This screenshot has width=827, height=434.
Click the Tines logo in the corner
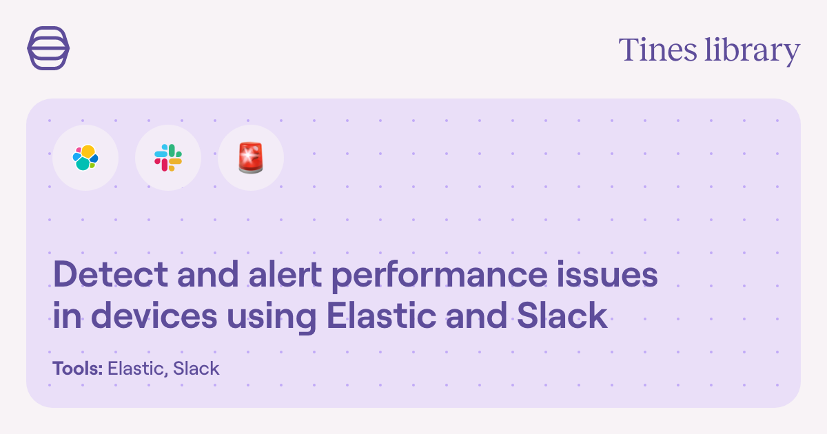click(x=48, y=48)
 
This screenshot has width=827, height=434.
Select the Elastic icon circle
click(x=85, y=158)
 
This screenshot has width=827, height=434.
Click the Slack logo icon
click(x=168, y=158)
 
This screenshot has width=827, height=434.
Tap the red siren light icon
click(x=250, y=158)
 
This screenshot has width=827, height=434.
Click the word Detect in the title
click(x=101, y=276)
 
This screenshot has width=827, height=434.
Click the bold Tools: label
click(x=78, y=369)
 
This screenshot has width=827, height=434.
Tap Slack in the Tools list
click(x=196, y=369)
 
